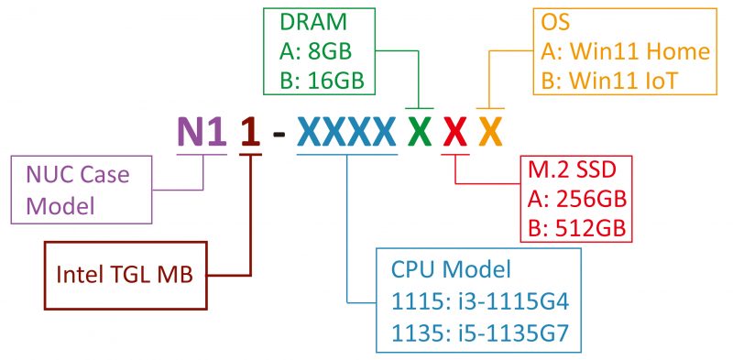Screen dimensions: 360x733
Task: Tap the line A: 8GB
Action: tap(316, 51)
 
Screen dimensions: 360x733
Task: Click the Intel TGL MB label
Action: tap(125, 273)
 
